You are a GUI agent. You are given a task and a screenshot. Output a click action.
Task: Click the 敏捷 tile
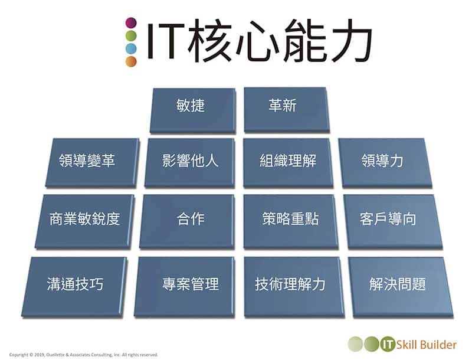point(193,110)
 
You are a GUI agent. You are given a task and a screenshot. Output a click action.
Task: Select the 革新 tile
point(287,110)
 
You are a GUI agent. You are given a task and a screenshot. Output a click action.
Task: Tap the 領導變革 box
point(93,163)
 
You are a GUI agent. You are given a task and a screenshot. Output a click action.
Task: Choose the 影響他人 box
point(189,163)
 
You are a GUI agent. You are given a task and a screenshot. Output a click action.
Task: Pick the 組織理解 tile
point(288,163)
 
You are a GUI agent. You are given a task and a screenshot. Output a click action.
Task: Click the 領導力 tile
point(385,163)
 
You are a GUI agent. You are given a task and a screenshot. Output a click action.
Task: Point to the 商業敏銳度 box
point(84,221)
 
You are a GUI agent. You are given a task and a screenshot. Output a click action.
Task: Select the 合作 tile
point(187,221)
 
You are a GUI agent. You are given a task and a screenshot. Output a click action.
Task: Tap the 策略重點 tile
point(291,221)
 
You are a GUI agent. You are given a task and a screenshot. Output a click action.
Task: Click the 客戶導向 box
point(393,221)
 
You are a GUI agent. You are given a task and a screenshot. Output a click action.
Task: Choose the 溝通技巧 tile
point(74,287)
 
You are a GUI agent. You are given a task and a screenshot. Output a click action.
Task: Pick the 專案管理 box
point(184,287)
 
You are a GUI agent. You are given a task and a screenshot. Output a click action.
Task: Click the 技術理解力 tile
point(294,287)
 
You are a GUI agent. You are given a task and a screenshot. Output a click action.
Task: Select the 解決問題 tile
point(401,287)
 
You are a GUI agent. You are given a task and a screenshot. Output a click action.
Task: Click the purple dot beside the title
point(131,23)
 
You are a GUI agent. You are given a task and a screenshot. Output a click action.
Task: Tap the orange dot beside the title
point(131,61)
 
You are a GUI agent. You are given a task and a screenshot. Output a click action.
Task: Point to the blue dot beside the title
point(131,48)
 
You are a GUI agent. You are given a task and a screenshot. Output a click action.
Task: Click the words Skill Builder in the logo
point(426,344)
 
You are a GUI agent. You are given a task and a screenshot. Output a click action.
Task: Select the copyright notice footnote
point(84,355)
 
